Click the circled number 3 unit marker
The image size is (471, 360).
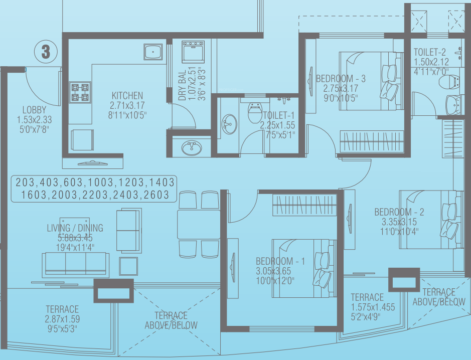[x=46, y=52]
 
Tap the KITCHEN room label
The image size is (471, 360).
[x=127, y=96]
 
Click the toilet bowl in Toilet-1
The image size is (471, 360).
[x=255, y=112]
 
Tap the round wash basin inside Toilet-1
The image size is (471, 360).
[x=229, y=123]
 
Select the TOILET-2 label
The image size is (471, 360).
[x=430, y=52]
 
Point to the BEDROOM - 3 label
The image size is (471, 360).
[x=341, y=78]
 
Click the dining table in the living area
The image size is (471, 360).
[x=199, y=225]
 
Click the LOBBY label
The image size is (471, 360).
[x=34, y=110]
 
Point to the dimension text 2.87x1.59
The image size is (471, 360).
[x=62, y=319]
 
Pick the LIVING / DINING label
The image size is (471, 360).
[x=75, y=228]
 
